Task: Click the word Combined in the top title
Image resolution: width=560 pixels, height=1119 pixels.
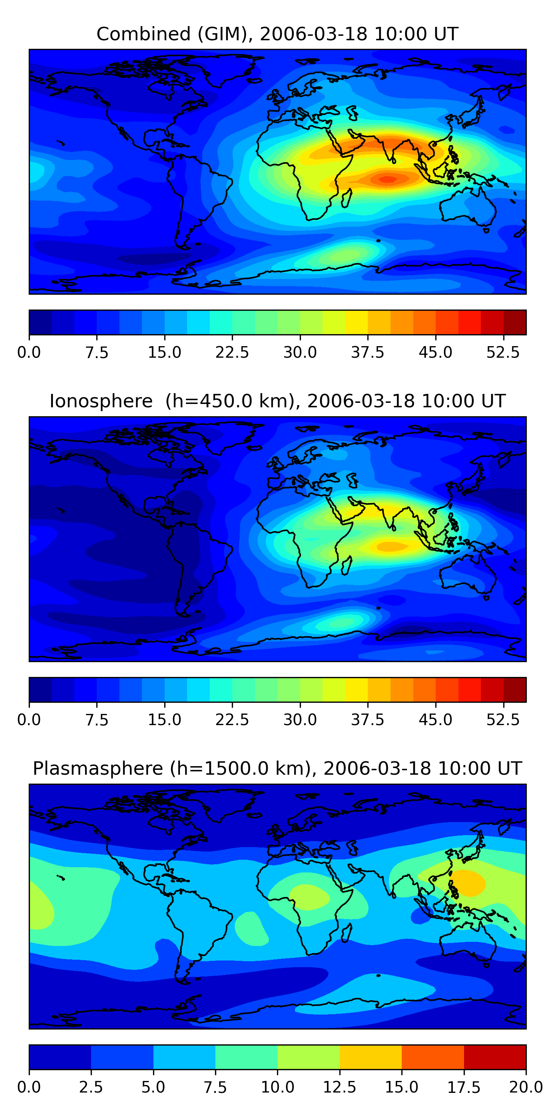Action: coord(143,34)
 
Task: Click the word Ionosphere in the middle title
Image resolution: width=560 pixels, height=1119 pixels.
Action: coord(101,401)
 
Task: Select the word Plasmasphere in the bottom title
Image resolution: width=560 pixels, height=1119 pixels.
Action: coord(98,768)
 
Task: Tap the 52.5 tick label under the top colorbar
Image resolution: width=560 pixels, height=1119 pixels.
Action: coord(503,352)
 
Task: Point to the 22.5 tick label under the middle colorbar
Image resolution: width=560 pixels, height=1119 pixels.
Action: coord(232,720)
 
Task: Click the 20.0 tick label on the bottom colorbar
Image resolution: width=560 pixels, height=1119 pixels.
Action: coord(526,1087)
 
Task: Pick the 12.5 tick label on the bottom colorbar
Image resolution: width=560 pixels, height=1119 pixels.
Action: coord(340,1087)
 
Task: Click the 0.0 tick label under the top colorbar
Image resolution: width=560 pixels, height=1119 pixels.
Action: coord(29,352)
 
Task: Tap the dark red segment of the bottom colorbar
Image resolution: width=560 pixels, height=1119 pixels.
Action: coord(495,1057)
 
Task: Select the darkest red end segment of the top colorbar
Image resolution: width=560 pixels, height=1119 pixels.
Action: coord(515,322)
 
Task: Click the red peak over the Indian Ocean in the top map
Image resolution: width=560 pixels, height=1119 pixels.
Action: coord(387,179)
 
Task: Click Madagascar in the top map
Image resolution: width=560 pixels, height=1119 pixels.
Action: coord(346,198)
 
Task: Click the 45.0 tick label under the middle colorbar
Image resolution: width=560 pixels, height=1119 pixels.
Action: coord(435,720)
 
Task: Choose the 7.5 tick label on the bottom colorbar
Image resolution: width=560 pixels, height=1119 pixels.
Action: coord(215,1087)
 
